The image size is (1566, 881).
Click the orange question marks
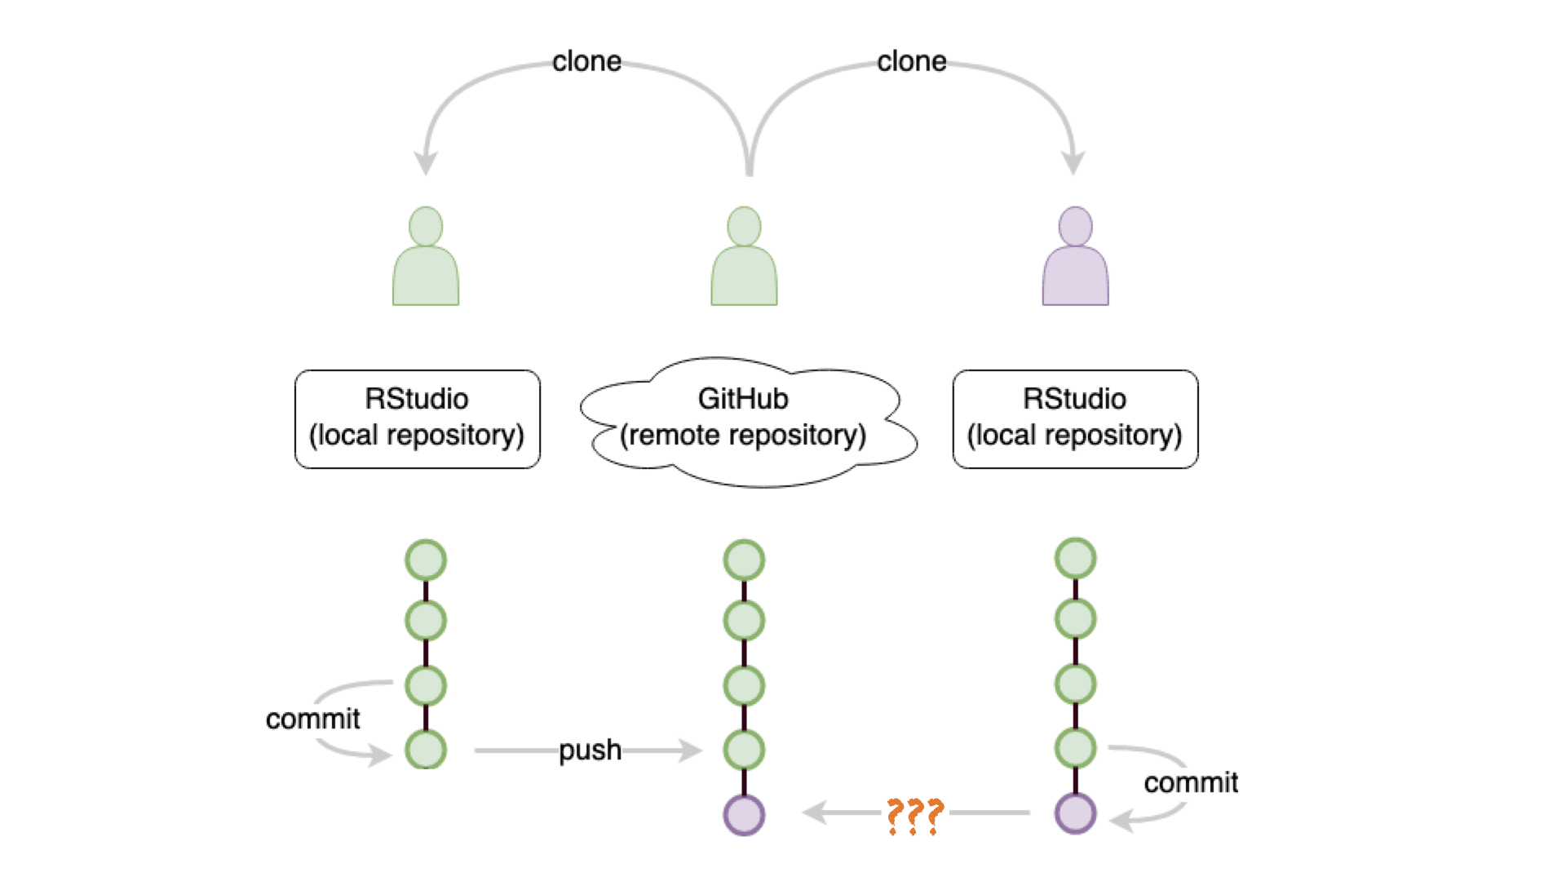click(914, 815)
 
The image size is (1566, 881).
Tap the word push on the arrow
click(590, 750)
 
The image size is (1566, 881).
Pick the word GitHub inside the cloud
click(743, 399)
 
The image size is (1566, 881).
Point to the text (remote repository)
click(743, 435)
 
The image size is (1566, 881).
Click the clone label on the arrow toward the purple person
click(911, 61)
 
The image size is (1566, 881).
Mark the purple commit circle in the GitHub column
click(744, 815)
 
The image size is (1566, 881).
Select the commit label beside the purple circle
click(1191, 782)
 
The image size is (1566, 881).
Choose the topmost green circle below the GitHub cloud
click(744, 560)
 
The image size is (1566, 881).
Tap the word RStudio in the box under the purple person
click(1074, 399)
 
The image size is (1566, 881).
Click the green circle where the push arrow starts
click(426, 750)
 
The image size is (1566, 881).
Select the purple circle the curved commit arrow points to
click(1075, 813)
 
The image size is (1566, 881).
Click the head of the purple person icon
click(1075, 226)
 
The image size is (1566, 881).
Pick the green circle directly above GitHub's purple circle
click(744, 750)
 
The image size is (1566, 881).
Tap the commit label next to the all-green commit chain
click(312, 719)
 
